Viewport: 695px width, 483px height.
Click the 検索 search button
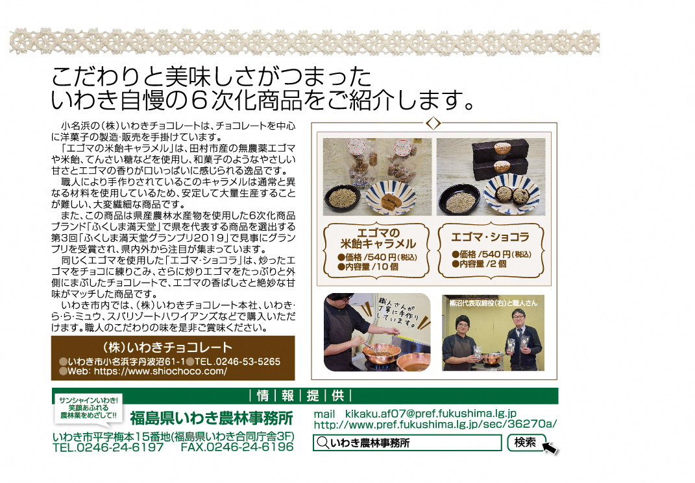pos(526,442)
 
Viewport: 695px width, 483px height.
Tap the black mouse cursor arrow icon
pos(550,448)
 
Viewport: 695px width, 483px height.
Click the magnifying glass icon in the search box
pos(323,442)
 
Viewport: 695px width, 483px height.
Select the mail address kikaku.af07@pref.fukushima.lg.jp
pos(431,414)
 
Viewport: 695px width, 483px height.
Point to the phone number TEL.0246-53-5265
pos(238,362)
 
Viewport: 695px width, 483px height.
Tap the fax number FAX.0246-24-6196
pos(237,447)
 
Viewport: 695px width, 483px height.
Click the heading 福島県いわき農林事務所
pos(212,418)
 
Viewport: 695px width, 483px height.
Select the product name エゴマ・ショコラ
pos(490,237)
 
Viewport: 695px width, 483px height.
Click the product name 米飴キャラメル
pos(378,244)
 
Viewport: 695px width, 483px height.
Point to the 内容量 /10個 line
pos(368,267)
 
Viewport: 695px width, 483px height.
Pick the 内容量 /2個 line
pos(479,264)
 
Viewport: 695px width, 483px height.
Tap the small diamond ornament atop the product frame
pos(433,123)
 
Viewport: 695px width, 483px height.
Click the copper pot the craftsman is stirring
pos(381,353)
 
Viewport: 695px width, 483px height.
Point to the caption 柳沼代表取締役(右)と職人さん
pos(493,303)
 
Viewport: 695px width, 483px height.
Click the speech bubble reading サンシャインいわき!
pos(89,408)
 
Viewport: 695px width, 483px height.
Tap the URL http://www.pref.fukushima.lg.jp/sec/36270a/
pos(435,425)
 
